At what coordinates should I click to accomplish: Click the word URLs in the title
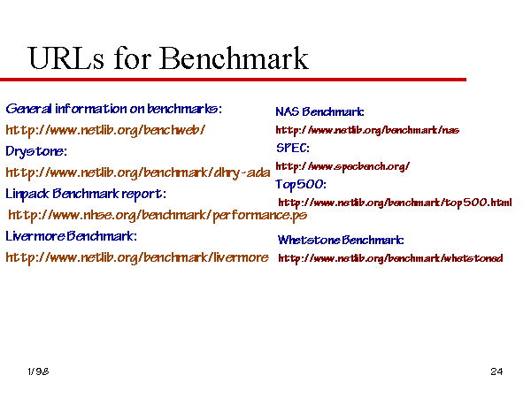click(66, 58)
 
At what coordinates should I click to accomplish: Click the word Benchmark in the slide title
click(234, 58)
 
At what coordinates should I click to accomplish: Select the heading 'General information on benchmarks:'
click(114, 109)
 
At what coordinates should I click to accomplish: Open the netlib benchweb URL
click(105, 130)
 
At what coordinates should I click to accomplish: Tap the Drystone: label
click(36, 151)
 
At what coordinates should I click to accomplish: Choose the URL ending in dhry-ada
click(138, 173)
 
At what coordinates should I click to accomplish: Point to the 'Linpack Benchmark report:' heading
click(86, 195)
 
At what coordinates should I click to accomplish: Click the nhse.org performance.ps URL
click(158, 215)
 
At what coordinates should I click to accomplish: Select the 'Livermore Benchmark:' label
click(72, 236)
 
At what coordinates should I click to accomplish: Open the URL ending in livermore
click(137, 258)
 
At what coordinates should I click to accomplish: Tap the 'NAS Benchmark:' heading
click(320, 111)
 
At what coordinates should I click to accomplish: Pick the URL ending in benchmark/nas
click(367, 130)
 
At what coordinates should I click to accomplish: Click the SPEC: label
click(293, 148)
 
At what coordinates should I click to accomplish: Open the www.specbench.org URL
click(342, 166)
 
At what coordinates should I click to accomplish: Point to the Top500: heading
click(301, 185)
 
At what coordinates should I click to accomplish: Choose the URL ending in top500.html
click(396, 203)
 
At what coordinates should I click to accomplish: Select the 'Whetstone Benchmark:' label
click(341, 240)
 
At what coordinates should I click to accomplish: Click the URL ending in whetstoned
click(391, 258)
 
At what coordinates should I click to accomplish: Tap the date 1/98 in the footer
click(38, 371)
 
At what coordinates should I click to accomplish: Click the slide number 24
click(496, 371)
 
